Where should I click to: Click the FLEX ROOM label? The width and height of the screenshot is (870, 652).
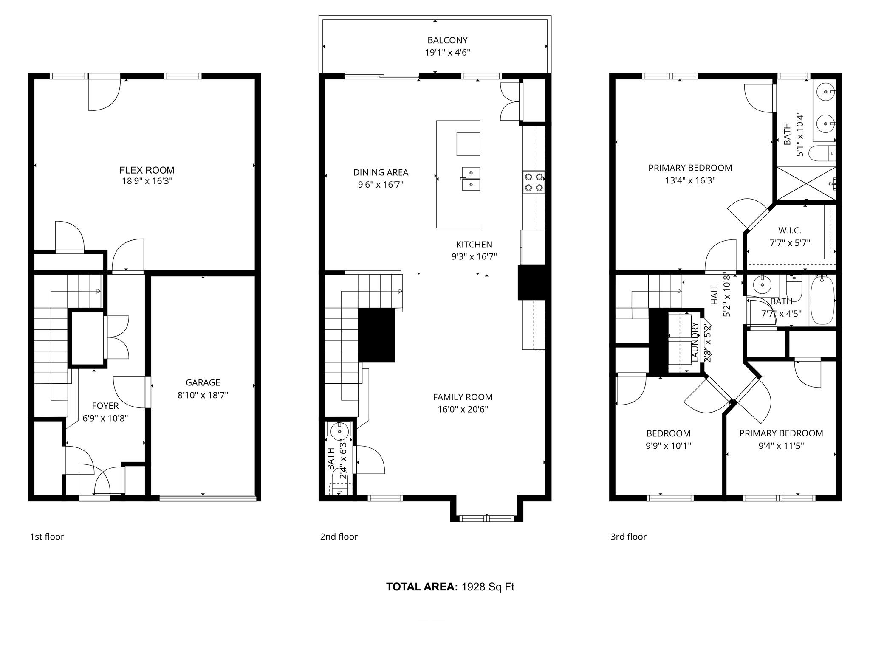[147, 170]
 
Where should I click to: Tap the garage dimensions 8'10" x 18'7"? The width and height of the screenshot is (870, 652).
[203, 395]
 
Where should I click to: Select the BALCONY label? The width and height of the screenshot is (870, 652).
[447, 40]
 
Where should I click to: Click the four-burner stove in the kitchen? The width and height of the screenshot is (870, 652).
[534, 182]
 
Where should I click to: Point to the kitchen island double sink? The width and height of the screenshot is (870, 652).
[471, 179]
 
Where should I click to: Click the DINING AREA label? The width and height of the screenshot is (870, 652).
[381, 172]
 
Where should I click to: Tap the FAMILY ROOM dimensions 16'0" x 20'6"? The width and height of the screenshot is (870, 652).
[463, 410]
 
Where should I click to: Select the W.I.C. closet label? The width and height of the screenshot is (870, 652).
[790, 230]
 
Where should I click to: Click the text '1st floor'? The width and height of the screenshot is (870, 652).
[47, 537]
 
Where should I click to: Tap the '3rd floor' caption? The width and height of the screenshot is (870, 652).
[628, 537]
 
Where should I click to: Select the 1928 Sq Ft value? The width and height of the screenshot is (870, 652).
[488, 587]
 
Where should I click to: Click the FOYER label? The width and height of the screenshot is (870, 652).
[105, 406]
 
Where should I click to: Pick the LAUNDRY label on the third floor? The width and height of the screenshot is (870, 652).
[695, 342]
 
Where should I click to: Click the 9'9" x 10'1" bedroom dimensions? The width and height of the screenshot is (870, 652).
[668, 446]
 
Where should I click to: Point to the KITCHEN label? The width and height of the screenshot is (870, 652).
[474, 244]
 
